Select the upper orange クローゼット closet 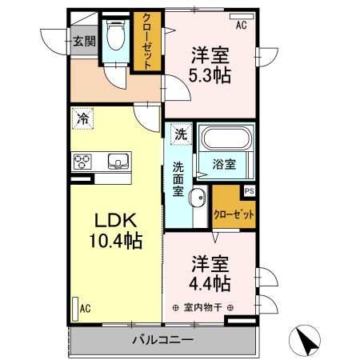148,42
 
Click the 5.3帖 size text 210,76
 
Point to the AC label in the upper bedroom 241,26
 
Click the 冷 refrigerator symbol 82,118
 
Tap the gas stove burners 83,162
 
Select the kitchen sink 118,162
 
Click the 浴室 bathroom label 224,165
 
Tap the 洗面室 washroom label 179,182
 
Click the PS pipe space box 249,190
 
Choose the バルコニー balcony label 162,341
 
